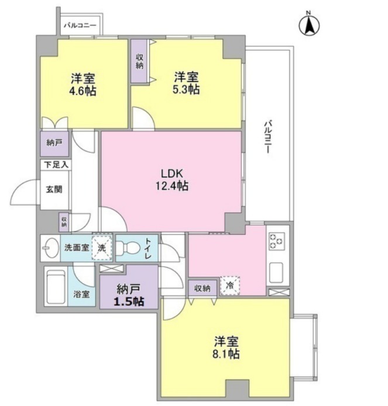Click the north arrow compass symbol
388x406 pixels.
click(309, 25)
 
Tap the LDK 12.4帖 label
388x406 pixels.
click(172, 179)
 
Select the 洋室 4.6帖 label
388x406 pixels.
click(83, 85)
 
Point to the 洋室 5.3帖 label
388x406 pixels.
click(186, 83)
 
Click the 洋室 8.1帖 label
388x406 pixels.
click(226, 347)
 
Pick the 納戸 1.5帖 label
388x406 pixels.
click(129, 295)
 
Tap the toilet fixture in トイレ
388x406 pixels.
click(128, 248)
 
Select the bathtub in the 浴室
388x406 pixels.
click(56, 286)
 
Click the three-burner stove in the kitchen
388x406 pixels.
click(277, 241)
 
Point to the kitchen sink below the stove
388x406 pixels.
click(276, 272)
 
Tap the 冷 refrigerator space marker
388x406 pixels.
click(229, 286)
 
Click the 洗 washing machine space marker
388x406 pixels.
click(102, 248)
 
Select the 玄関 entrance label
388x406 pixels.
click(54, 189)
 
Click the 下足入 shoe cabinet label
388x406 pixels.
click(56, 165)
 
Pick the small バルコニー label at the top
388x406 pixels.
click(80, 25)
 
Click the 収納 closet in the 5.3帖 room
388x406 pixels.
click(140, 61)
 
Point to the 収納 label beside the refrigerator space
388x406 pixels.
click(202, 288)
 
